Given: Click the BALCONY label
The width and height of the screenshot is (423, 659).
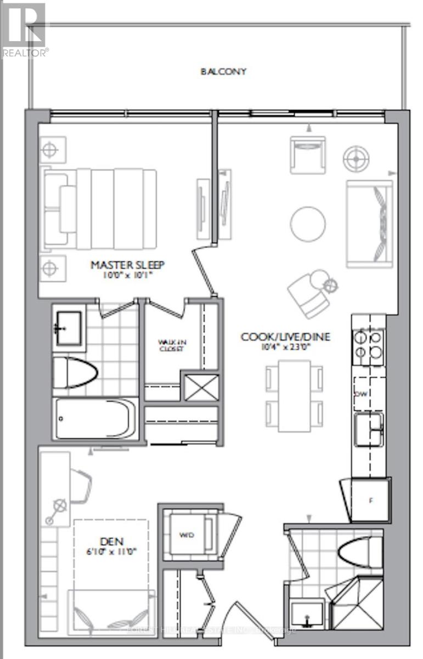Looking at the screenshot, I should pyautogui.click(x=223, y=71).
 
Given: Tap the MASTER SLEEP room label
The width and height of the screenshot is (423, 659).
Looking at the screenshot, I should pyautogui.click(x=127, y=265).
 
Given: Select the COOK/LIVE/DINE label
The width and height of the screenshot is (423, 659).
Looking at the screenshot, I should pyautogui.click(x=286, y=336).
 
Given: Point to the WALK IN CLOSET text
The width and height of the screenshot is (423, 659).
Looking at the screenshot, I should pyautogui.click(x=172, y=344).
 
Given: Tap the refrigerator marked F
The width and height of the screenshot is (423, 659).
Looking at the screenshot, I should pyautogui.click(x=371, y=500).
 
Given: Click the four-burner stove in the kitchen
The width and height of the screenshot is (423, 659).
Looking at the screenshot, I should pyautogui.click(x=368, y=347).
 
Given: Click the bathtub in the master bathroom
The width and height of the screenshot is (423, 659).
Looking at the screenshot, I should pyautogui.click(x=97, y=418).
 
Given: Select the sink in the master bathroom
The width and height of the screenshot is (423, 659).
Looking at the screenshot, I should pyautogui.click(x=70, y=328).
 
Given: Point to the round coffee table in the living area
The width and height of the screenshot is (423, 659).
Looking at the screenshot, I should pyautogui.click(x=308, y=224).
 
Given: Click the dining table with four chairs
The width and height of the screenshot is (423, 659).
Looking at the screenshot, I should pyautogui.click(x=294, y=395).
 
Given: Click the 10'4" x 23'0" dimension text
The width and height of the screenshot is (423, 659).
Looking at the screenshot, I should pyautogui.click(x=286, y=347).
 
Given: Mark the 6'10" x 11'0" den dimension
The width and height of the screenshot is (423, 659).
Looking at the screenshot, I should pyautogui.click(x=112, y=551).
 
